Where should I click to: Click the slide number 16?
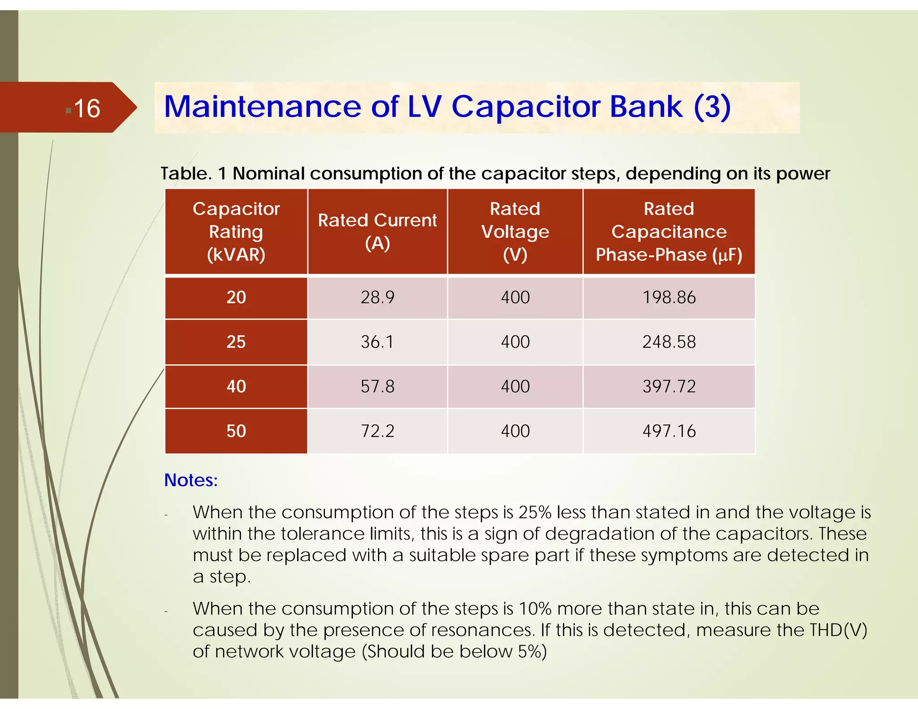click(87, 109)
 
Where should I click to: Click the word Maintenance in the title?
click(262, 107)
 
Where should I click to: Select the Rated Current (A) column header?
click(377, 231)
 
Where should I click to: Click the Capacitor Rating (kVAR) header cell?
click(236, 231)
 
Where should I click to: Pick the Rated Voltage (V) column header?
click(515, 231)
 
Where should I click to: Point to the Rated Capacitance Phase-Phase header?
click(668, 231)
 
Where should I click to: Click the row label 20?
click(236, 298)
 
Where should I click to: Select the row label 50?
click(236, 431)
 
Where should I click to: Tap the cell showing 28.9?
click(377, 298)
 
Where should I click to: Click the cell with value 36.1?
click(377, 342)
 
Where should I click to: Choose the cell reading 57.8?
click(377, 386)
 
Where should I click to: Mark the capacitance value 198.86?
click(669, 298)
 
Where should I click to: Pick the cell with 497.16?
click(669, 431)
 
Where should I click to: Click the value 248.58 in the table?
click(669, 342)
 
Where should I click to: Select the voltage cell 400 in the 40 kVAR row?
click(515, 386)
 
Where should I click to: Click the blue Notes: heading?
click(191, 480)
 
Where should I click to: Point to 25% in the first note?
click(535, 512)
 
